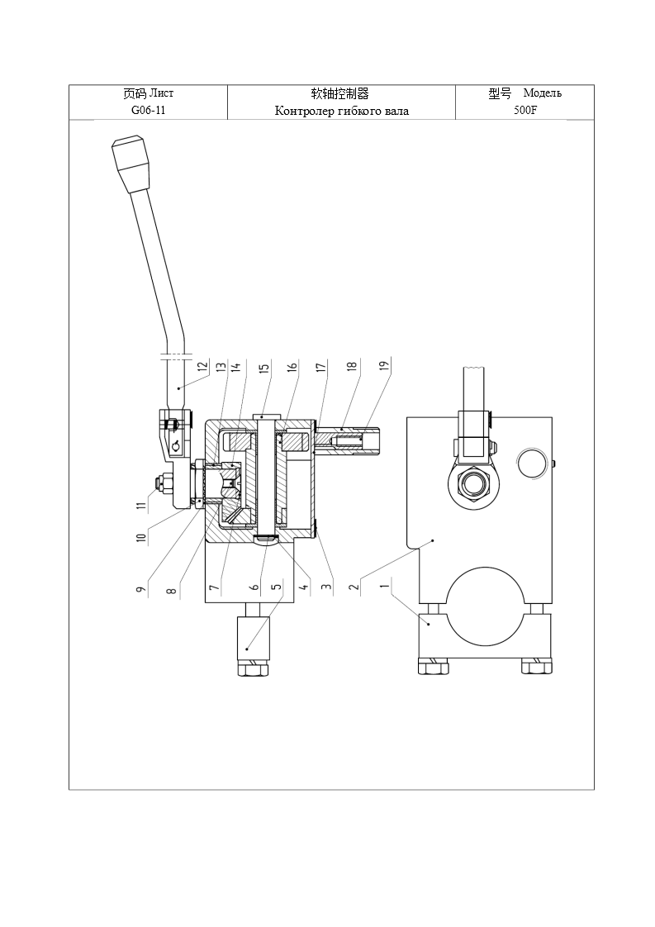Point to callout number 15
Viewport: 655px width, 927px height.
pos(264,367)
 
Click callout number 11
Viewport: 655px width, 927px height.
pos(140,506)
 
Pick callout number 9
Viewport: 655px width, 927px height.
pos(140,589)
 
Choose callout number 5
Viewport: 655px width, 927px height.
pos(276,587)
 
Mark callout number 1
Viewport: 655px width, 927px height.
pos(385,587)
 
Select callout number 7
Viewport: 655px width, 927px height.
pos(214,587)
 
